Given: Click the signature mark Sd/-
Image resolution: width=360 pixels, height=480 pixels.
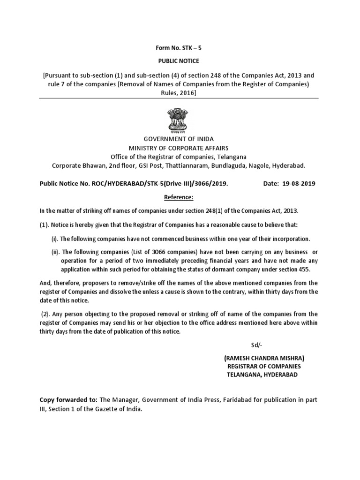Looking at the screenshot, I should click(x=255, y=345).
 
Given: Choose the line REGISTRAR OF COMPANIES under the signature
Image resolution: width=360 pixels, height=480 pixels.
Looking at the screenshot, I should click(x=264, y=366).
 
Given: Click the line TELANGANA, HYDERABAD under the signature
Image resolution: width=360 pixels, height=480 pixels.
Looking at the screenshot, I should click(x=262, y=375).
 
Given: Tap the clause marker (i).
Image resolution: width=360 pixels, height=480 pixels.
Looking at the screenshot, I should click(x=55, y=239).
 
